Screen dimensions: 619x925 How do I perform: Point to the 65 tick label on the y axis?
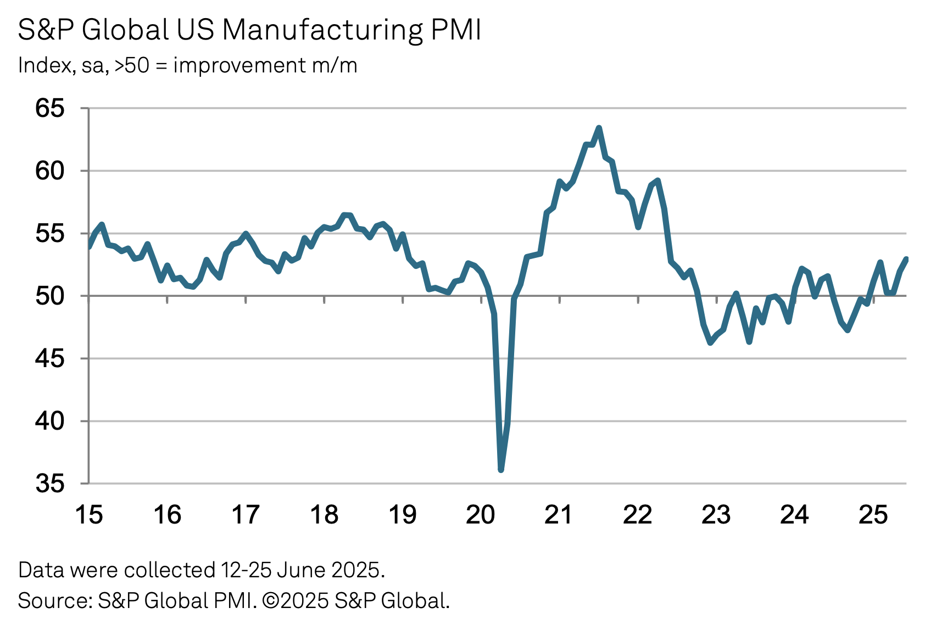pos(50,109)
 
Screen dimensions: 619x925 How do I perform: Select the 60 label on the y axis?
pos(50,171)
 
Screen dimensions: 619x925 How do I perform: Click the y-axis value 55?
pos(50,234)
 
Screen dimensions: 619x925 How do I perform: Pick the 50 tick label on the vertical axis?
pos(50,296)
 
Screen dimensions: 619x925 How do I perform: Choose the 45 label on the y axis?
pos(50,359)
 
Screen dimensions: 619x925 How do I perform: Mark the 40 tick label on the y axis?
pos(50,421)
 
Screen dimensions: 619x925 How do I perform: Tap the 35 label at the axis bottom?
pos(50,484)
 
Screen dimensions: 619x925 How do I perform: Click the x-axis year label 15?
pos(88,515)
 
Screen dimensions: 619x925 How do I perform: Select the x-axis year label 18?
pos(324,515)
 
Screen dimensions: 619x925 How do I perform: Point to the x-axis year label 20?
pos(481,515)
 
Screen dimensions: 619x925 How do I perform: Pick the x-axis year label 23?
pos(716,515)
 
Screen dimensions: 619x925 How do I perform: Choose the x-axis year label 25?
pos(873,515)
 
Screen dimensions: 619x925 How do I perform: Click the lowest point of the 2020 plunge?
pos(501,470)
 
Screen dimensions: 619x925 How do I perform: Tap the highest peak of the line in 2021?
pos(599,128)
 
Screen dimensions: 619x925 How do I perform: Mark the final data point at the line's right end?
pos(906,259)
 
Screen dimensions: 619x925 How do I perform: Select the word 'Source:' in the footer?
pos(55,601)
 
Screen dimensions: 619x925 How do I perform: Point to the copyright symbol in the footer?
pos(270,601)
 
